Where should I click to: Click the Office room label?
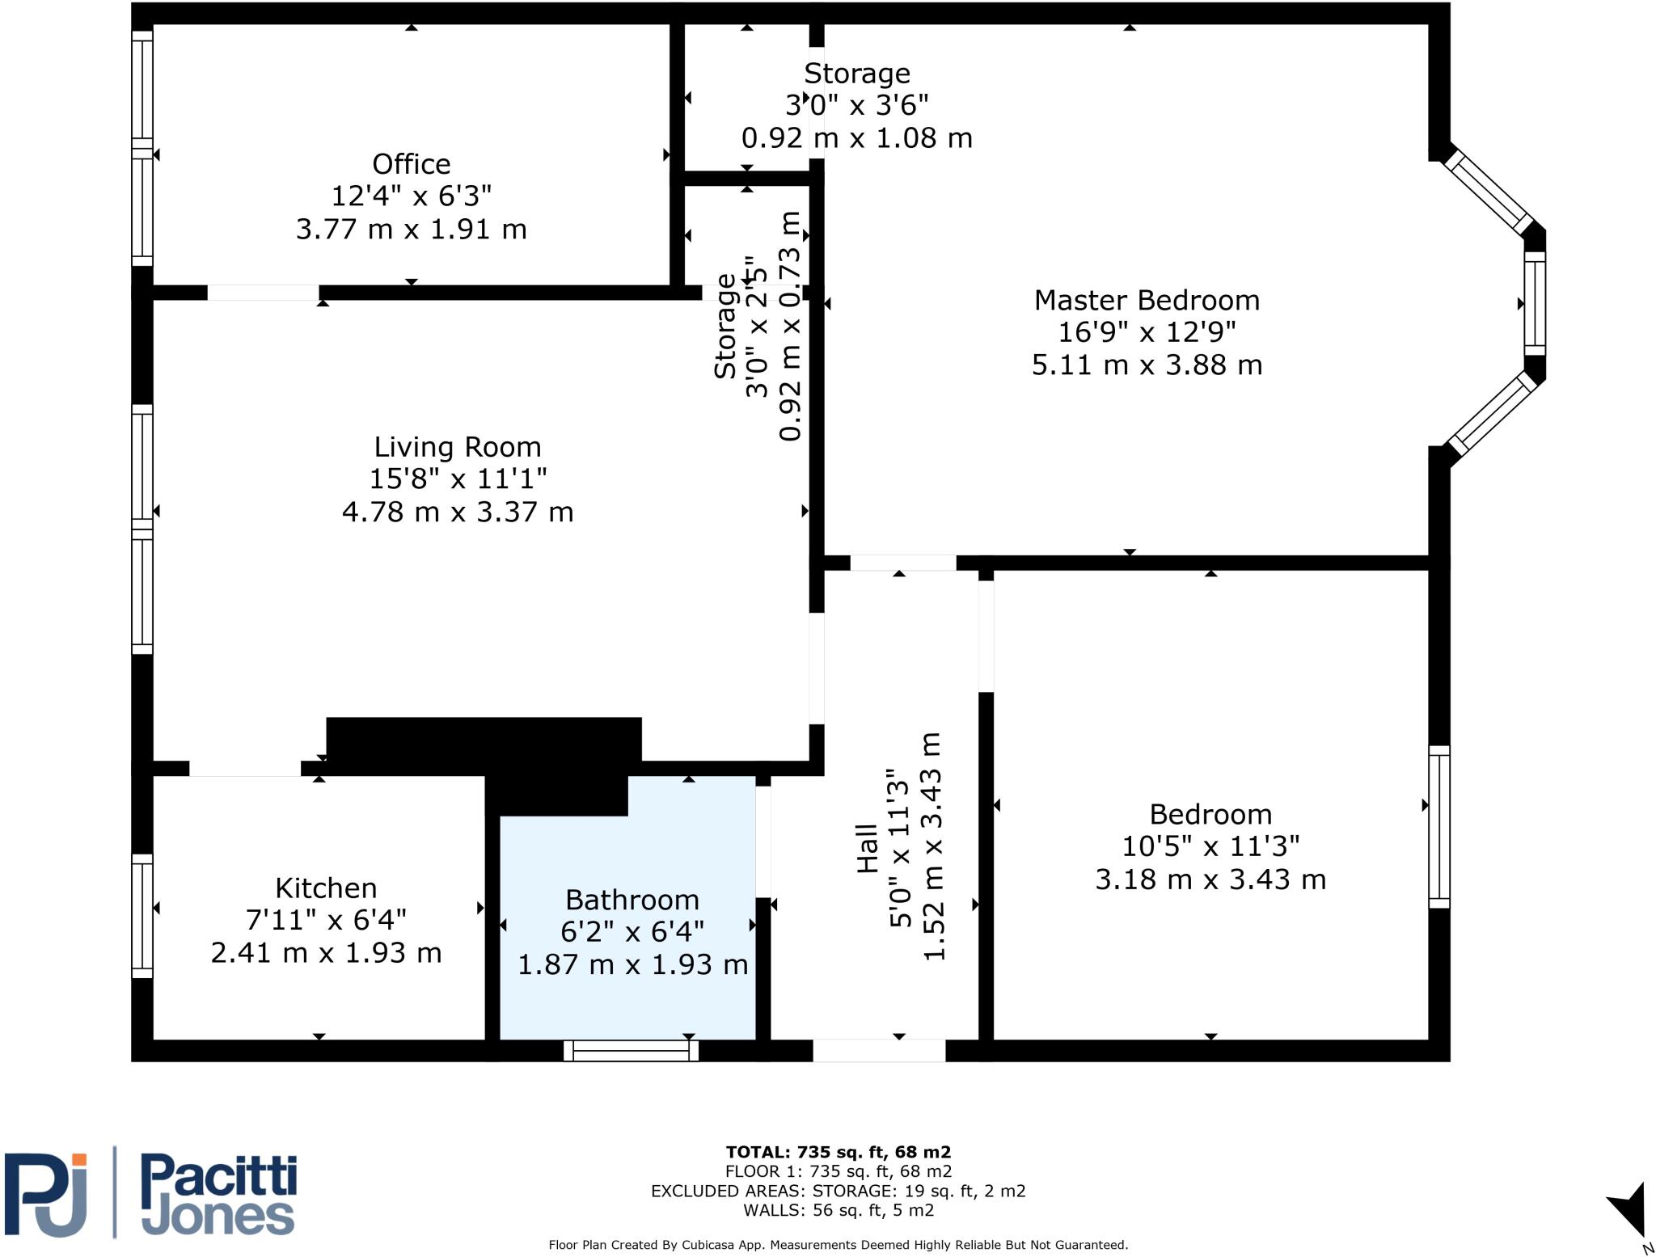coord(411,164)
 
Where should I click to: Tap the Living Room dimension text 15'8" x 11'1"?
coord(458,479)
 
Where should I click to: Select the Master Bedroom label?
coord(1147,301)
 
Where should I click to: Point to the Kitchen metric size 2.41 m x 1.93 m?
coord(326,952)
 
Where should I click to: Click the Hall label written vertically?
coord(867,848)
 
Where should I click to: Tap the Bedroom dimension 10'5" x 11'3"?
coord(1210,846)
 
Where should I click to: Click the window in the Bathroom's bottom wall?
coord(631,1050)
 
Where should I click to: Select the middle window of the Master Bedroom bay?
coord(1534,303)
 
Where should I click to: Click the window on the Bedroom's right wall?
coord(1438,826)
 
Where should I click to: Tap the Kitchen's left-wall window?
coord(142,915)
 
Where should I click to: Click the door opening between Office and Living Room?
coord(263,293)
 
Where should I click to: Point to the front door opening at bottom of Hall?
coord(878,1050)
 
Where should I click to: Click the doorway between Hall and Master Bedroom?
coord(902,563)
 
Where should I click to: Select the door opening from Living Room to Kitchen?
coord(245,769)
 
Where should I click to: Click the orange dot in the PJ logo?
coord(78,1160)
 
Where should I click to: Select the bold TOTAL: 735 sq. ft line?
coord(838,1152)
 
